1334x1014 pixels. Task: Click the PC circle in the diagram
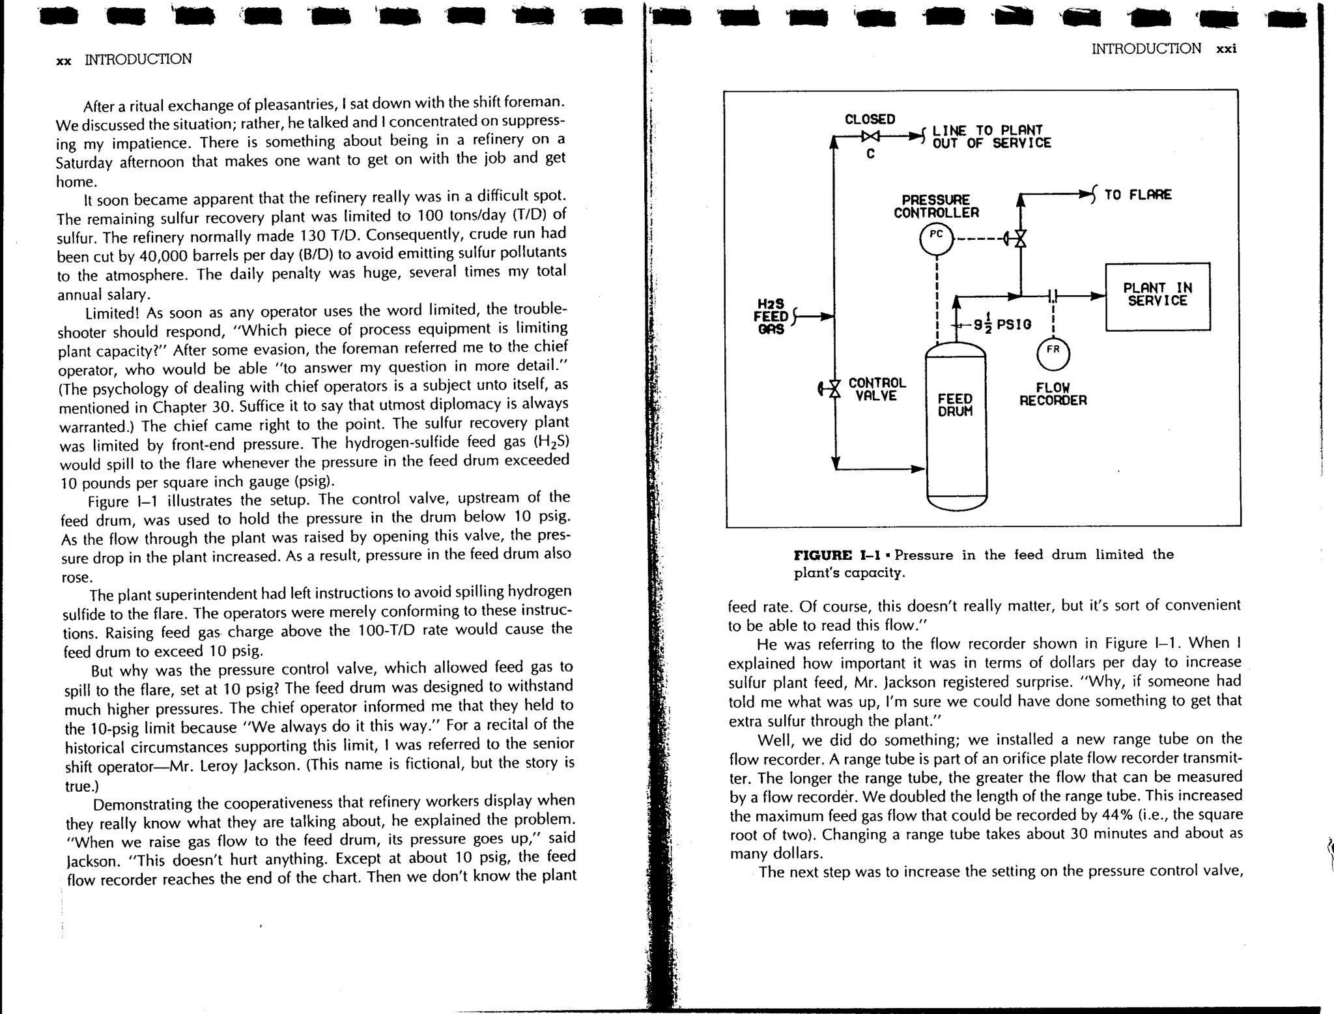(x=936, y=240)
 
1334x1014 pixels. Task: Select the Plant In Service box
(x=1157, y=297)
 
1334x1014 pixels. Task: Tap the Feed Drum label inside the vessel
(x=955, y=405)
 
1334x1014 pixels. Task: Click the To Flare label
(x=1137, y=195)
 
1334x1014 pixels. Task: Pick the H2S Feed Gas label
(x=772, y=317)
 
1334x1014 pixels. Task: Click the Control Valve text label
(x=877, y=389)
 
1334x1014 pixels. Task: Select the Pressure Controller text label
(x=936, y=206)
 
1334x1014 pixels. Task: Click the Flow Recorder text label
(x=1053, y=394)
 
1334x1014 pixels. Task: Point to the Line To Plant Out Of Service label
(x=991, y=137)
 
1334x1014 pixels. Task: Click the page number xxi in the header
(x=1226, y=49)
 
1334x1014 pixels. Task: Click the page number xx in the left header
(x=63, y=61)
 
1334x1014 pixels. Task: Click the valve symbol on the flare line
(x=1020, y=239)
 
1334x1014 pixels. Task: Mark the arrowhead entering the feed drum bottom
(x=918, y=469)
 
